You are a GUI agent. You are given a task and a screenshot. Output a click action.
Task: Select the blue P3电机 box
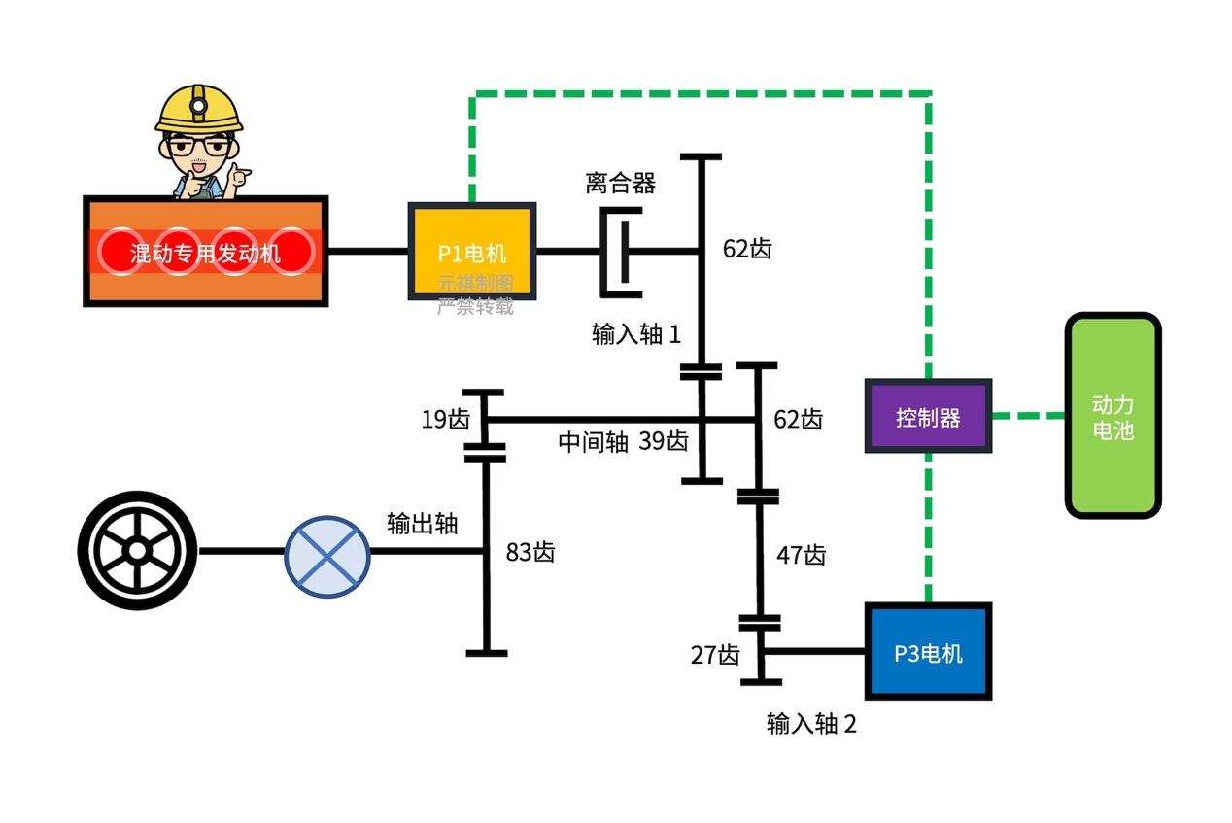click(928, 652)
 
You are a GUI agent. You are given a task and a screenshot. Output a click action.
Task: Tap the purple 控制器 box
click(928, 417)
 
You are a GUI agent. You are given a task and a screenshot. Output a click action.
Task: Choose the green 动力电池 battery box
click(1112, 416)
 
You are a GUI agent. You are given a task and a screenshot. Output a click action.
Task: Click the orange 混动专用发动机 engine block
click(205, 252)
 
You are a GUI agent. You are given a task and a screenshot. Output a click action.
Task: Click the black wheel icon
click(137, 551)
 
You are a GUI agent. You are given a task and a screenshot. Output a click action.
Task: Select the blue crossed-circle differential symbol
click(327, 552)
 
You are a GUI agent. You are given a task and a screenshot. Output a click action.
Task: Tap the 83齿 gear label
click(530, 552)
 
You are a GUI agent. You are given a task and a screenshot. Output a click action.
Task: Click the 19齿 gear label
click(445, 420)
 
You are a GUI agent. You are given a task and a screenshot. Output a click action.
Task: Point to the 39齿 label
click(664, 441)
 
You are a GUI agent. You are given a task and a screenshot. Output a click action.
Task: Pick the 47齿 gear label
click(801, 555)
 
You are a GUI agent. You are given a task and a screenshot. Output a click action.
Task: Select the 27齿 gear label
click(715, 655)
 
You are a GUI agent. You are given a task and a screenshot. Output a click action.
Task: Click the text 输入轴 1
click(636, 334)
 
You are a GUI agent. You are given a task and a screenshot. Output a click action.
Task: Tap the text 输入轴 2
click(811, 724)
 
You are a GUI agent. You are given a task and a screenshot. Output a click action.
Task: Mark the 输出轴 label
click(422, 523)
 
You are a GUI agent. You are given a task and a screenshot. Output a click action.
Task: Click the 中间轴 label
click(593, 441)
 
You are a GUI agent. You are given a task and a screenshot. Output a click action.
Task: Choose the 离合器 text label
click(620, 183)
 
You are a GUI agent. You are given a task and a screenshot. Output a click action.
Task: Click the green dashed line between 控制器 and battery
click(1028, 416)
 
